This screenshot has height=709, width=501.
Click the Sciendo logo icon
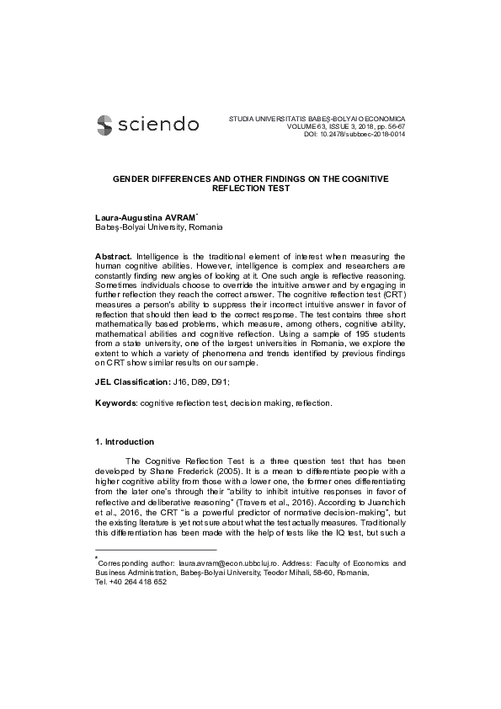tap(105, 125)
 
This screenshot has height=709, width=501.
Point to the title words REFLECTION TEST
tap(250, 189)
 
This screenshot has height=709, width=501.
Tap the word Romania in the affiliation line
tap(206, 227)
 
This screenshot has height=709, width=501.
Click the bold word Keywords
tap(115, 403)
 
